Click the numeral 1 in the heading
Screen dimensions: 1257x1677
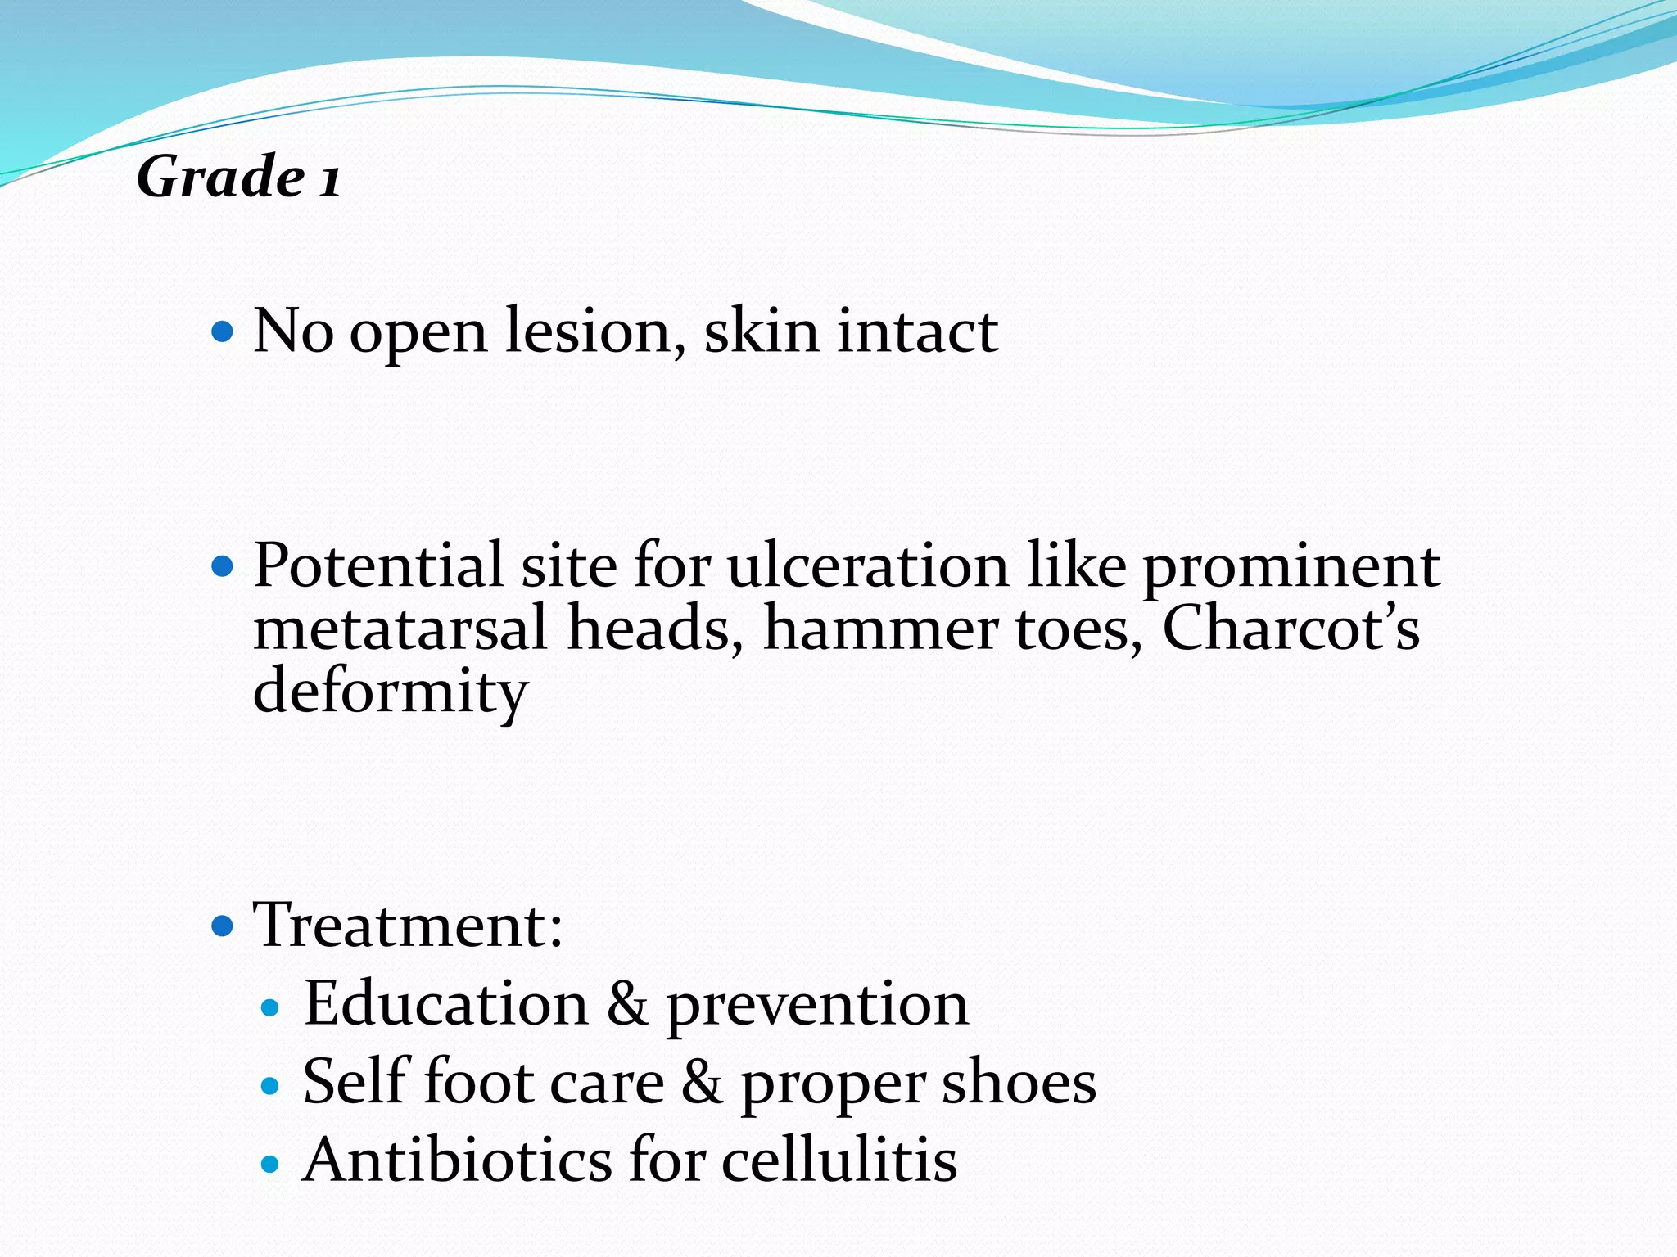(329, 180)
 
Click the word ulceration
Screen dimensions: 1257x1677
(868, 565)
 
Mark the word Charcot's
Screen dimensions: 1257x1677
(1291, 627)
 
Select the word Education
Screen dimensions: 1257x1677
(446, 1003)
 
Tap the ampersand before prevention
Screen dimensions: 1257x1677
(627, 1005)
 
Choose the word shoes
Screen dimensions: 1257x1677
(1019, 1082)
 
